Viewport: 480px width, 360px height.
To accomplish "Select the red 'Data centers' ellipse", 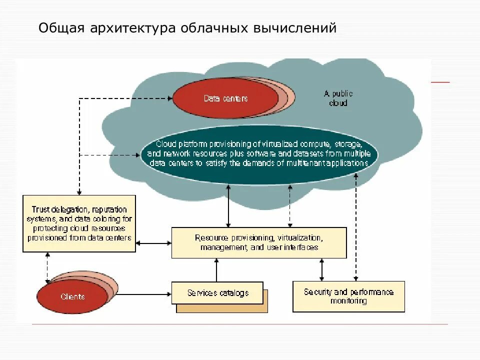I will (x=225, y=98).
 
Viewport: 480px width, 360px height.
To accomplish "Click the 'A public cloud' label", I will (x=338, y=98).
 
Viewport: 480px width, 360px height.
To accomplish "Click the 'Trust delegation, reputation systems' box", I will (x=79, y=223).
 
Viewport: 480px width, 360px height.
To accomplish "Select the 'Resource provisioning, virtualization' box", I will (x=258, y=243).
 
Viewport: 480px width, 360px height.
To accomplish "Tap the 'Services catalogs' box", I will (x=217, y=293).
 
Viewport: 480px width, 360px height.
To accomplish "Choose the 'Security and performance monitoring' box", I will (x=348, y=296).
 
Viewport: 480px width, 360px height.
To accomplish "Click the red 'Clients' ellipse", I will (x=73, y=296).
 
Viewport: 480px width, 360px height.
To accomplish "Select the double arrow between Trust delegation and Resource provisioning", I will (x=153, y=243).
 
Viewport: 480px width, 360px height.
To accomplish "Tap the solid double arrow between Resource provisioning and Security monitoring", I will (x=322, y=270).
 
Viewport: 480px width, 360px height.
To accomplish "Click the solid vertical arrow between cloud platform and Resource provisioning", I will (x=228, y=206).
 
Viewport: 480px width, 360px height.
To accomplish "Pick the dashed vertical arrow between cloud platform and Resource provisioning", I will (x=289, y=206).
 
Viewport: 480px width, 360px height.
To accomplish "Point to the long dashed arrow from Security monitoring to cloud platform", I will (x=356, y=225).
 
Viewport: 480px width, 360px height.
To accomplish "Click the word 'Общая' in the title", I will (x=57, y=28).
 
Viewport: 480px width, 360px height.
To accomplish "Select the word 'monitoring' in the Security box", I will (x=348, y=301).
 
